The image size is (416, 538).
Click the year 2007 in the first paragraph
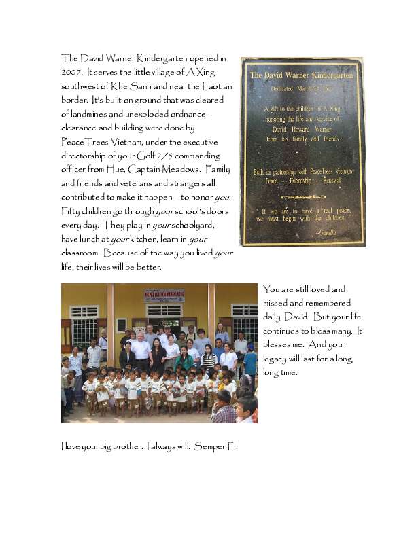point(71,71)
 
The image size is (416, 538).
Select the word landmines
point(93,113)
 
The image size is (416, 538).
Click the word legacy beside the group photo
point(277,359)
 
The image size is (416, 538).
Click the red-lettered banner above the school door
point(164,295)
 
